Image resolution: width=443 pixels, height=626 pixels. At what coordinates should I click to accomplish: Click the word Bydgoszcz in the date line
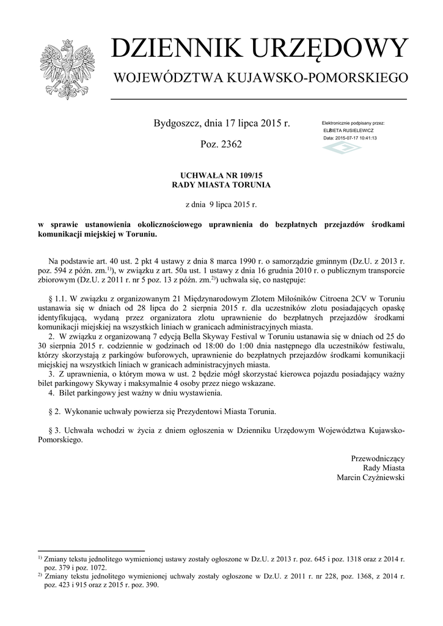pyautogui.click(x=175, y=123)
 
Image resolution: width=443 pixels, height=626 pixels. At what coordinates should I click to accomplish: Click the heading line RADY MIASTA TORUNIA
pyautogui.click(x=221, y=184)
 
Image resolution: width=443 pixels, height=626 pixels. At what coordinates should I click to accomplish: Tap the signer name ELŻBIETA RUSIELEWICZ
pyautogui.click(x=348, y=130)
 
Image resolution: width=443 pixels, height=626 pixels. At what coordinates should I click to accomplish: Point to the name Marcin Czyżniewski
pyautogui.click(x=370, y=477)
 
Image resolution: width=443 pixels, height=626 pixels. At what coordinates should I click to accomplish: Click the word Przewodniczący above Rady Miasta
pyautogui.click(x=378, y=458)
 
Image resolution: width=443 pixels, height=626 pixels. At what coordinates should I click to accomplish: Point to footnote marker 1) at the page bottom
pyautogui.click(x=39, y=558)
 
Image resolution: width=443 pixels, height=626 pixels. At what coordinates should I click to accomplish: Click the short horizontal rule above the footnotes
pyautogui.click(x=91, y=550)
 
